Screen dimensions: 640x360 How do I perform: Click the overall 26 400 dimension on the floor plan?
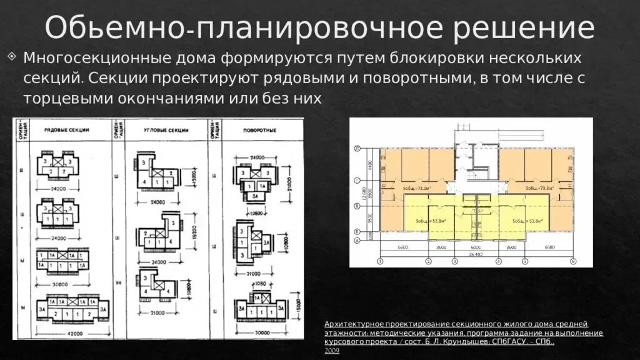tap(476, 254)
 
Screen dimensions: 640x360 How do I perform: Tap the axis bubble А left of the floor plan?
tap(357, 240)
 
